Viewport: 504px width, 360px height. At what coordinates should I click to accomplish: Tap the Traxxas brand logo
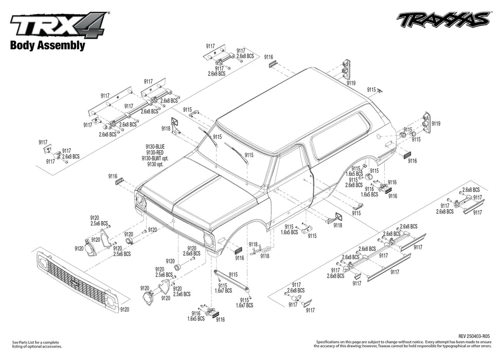pyautogui.click(x=443, y=19)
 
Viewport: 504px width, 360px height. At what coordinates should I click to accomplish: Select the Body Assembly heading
pyautogui.click(x=47, y=45)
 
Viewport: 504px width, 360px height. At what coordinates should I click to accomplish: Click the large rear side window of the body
pyautogui.click(x=340, y=135)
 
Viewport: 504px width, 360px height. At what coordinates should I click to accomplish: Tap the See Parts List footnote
pyautogui.click(x=35, y=344)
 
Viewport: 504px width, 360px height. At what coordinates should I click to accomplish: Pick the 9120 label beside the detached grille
pyautogui.click(x=124, y=310)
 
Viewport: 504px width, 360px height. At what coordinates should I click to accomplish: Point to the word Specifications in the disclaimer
pyautogui.click(x=329, y=341)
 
